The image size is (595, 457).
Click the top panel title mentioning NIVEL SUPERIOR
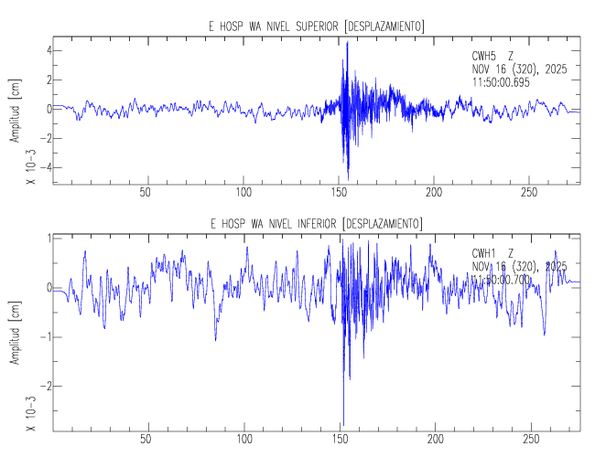point(316,27)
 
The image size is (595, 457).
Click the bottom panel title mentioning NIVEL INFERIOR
point(316,224)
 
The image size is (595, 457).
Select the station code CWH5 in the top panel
point(486,56)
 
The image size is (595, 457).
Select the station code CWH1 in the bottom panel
point(486,253)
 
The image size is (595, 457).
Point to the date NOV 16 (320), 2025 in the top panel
point(518,69)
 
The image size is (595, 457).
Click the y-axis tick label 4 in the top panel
point(44,49)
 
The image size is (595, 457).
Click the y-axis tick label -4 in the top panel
point(41,167)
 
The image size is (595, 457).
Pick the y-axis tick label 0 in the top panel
point(44,109)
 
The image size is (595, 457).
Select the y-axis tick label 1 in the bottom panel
point(44,239)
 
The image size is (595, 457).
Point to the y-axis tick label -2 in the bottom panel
point(41,386)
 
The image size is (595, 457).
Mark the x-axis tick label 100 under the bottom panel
point(244,439)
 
